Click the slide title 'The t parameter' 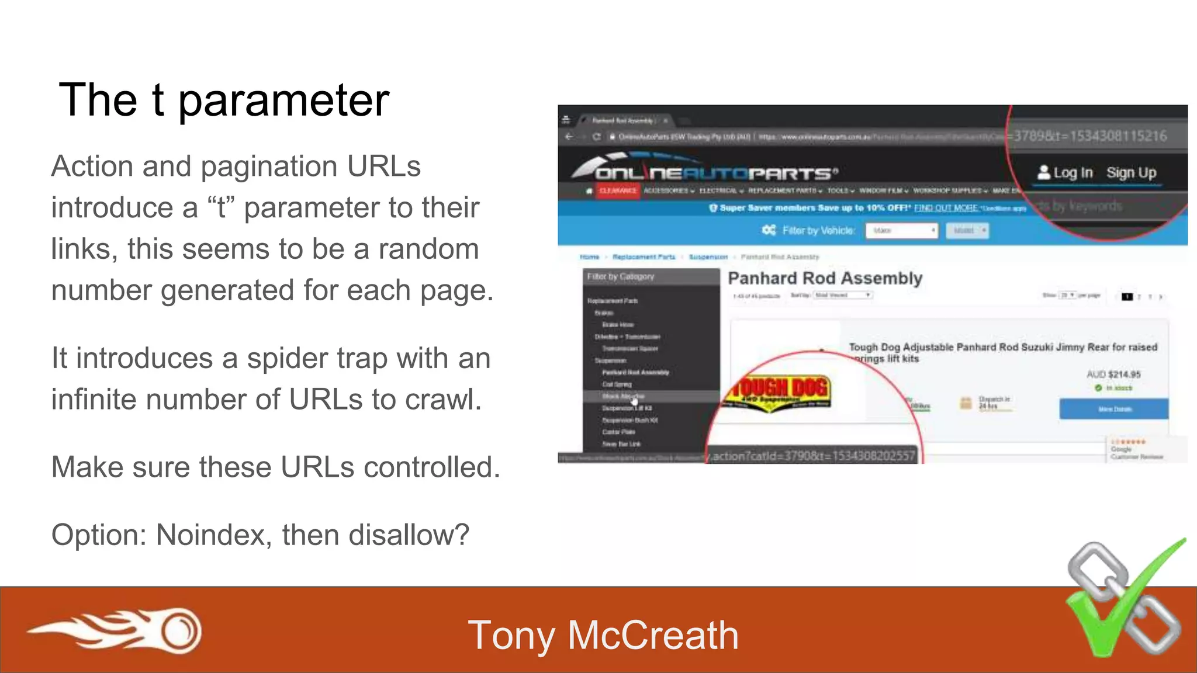pyautogui.click(x=224, y=100)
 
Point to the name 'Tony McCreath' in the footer pyautogui.click(x=603, y=636)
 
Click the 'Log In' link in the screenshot pyautogui.click(x=1065, y=173)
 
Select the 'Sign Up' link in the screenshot pyautogui.click(x=1131, y=173)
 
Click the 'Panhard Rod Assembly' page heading pyautogui.click(x=825, y=279)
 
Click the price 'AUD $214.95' pyautogui.click(x=1113, y=374)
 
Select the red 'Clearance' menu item pyautogui.click(x=618, y=191)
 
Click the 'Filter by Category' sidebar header pyautogui.click(x=621, y=276)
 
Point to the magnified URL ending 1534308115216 pyautogui.click(x=1090, y=136)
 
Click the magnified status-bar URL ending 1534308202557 pyautogui.click(x=812, y=456)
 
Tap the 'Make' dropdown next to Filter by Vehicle pyautogui.click(x=901, y=231)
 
